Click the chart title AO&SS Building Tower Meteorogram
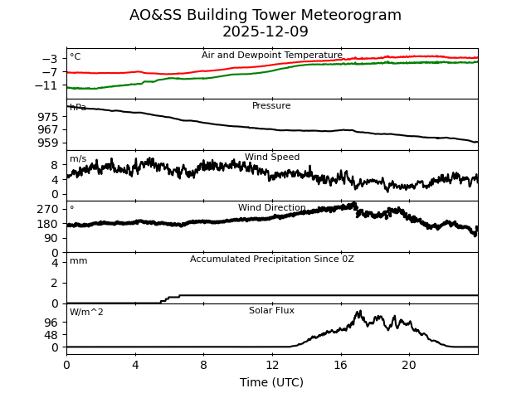[265, 16]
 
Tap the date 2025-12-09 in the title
[265, 32]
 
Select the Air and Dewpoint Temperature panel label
[272, 56]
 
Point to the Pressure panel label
[271, 106]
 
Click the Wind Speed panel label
[272, 158]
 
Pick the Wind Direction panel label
[272, 208]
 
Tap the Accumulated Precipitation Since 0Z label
[272, 260]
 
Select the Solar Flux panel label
[271, 311]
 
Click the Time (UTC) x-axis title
[271, 382]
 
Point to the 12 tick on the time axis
[272, 365]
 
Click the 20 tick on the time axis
[409, 365]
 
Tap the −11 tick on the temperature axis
[47, 85]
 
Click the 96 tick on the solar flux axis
[51, 322]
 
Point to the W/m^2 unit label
[86, 313]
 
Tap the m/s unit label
[78, 159]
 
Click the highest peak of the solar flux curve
[359, 312]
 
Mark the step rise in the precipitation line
[170, 297]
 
